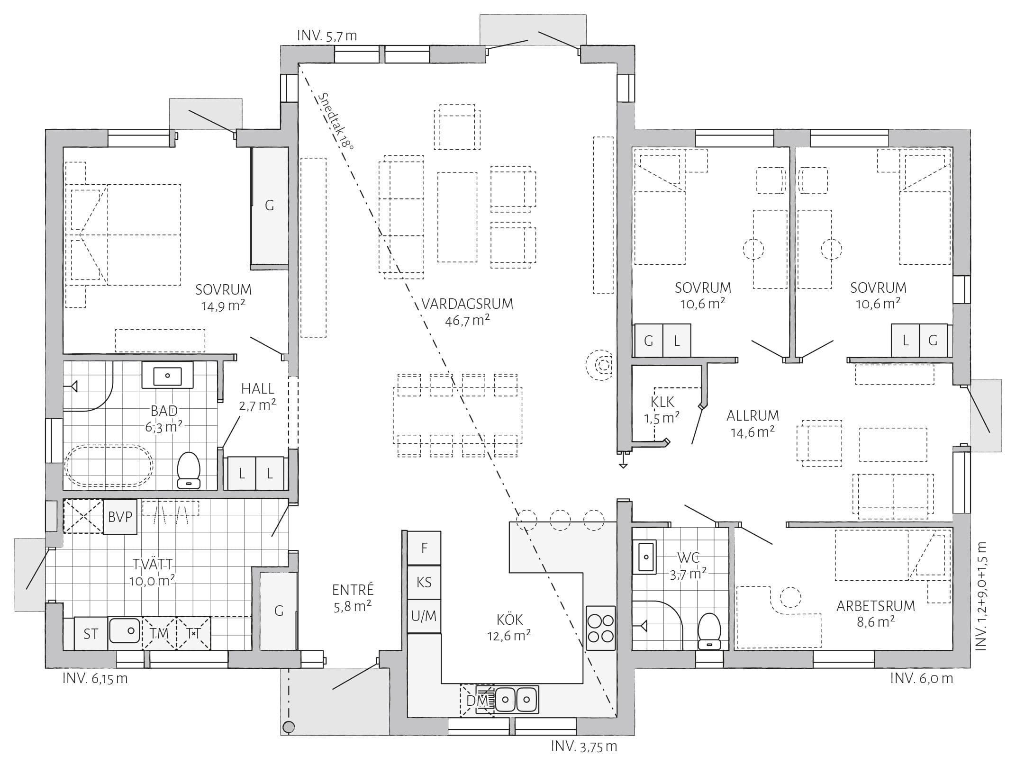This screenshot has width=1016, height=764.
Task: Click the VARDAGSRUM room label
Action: (x=467, y=304)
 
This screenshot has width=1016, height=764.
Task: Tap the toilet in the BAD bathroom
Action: (x=189, y=470)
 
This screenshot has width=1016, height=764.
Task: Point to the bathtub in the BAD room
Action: (x=109, y=466)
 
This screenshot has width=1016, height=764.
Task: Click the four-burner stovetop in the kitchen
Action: (x=600, y=628)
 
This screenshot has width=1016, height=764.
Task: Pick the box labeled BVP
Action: (x=120, y=517)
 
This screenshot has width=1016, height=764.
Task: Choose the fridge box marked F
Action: (x=424, y=548)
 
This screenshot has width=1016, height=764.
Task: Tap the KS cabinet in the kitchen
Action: (x=424, y=582)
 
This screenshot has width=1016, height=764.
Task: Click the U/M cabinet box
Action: (x=424, y=616)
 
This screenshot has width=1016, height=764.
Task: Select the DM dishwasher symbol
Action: (x=477, y=700)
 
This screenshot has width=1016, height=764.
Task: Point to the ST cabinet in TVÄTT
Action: (x=91, y=634)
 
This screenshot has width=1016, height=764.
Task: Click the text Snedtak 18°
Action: (x=336, y=120)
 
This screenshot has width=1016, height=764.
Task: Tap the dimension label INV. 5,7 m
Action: (x=327, y=36)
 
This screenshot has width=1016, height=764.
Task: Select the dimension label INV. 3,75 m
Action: (x=584, y=746)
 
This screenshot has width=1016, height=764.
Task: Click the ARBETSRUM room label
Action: (x=876, y=606)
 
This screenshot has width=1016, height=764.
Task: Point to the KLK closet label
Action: (x=662, y=402)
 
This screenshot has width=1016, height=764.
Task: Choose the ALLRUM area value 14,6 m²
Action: (x=753, y=432)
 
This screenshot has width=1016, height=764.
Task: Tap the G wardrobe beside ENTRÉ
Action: (x=279, y=611)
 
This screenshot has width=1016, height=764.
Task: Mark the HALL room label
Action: (x=258, y=389)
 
